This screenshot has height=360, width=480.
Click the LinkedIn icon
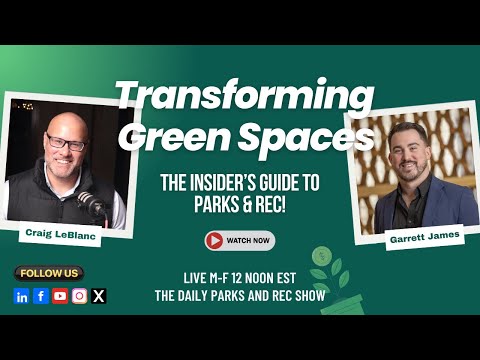pos(22,296)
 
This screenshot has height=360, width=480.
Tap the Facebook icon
pos(41,296)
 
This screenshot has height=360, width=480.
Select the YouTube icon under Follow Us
pos(60,296)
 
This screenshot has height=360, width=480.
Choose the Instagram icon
pos(80,296)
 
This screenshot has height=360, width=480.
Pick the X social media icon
pos(99,296)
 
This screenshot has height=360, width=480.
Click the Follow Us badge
pos(49,273)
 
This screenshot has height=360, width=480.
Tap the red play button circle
pos(214,240)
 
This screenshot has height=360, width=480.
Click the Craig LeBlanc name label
pos(61,234)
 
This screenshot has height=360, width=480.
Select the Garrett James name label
pos(425,237)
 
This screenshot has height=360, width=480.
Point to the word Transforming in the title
pos(244,94)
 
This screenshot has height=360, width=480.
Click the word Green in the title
pos(178,136)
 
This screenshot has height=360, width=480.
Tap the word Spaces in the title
pos(306,137)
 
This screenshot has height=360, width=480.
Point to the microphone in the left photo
pos(92,204)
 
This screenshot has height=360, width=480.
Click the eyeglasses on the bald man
pos(67,143)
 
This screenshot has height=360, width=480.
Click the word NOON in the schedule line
pos(263,278)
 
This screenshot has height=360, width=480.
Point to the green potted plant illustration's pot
pos(343,305)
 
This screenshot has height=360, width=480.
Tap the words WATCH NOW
pos(248,240)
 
